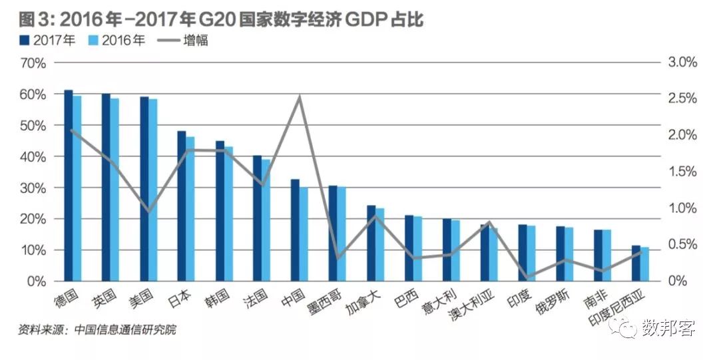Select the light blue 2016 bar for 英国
(x=115, y=190)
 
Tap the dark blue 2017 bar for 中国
(x=295, y=230)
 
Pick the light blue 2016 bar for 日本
(x=190, y=209)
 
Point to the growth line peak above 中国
(x=300, y=97)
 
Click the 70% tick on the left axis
(x=33, y=63)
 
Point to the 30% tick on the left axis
(x=33, y=188)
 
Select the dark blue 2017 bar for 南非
(x=598, y=255)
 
